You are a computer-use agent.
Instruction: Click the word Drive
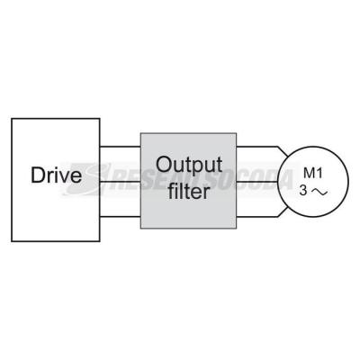[x=56, y=175]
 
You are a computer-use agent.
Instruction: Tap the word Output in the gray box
[x=189, y=166]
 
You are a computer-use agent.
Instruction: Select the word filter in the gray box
[x=188, y=191]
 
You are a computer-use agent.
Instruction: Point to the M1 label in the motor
[x=313, y=174]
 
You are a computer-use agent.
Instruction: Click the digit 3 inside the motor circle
[x=303, y=191]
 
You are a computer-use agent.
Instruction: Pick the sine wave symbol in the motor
[x=319, y=192]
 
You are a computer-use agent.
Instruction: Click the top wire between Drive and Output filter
[x=120, y=147]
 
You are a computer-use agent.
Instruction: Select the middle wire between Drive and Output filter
[x=120, y=182]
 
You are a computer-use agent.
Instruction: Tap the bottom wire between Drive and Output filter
[x=120, y=216]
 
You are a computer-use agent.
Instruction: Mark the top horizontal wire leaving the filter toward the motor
[x=257, y=147]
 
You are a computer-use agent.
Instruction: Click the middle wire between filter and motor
[x=256, y=182]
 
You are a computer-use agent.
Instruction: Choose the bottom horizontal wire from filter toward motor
[x=257, y=216]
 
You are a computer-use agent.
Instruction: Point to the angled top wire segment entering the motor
[x=283, y=151]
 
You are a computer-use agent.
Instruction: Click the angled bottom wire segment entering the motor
[x=283, y=211]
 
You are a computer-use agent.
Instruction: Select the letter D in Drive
[x=37, y=175]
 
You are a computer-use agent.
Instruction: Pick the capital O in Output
[x=164, y=165]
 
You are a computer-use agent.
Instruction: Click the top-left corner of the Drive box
[x=12, y=119]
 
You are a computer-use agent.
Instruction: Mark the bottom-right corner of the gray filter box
[x=236, y=229]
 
